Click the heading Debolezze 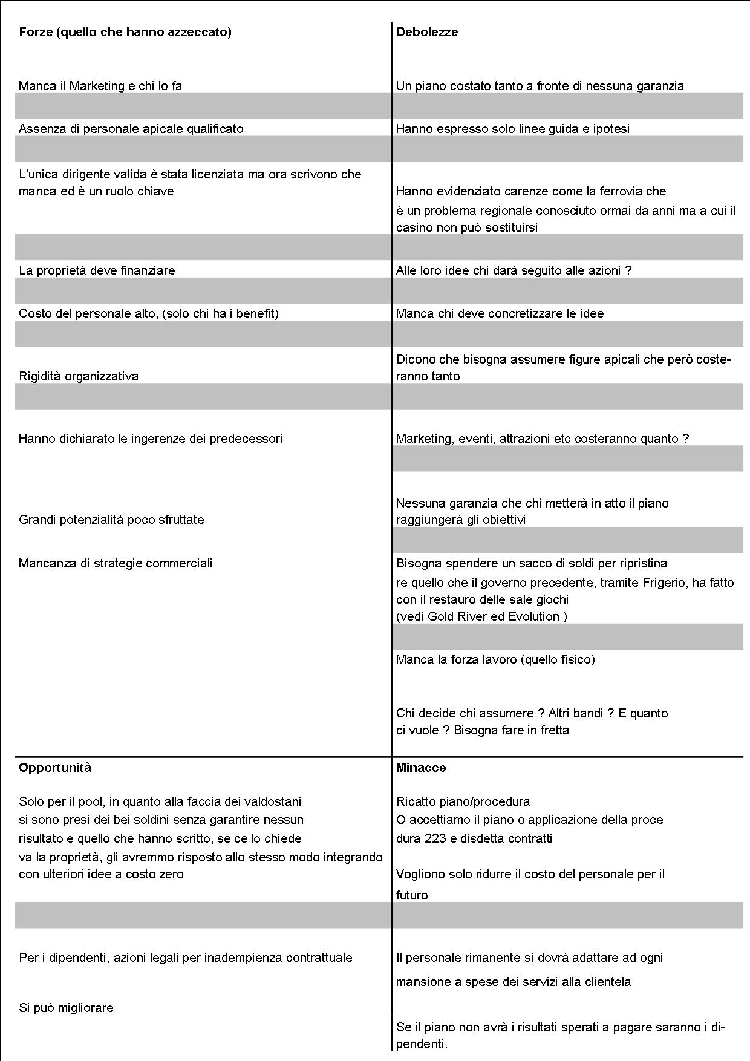pos(427,33)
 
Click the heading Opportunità pos(55,768)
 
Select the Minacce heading pos(421,768)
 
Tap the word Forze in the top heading pos(35,33)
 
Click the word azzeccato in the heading pos(198,33)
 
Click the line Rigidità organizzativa pos(79,376)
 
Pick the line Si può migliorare pos(66,1008)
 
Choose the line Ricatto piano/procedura pos(463,801)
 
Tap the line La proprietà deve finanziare pos(97,270)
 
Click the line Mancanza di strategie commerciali pos(116,563)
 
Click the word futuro pos(412,895)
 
